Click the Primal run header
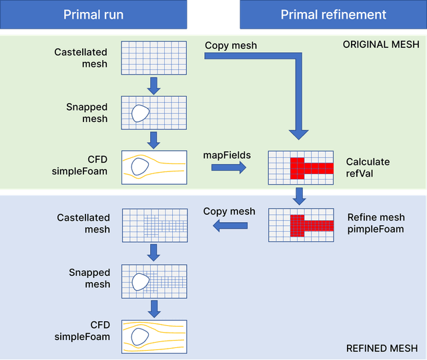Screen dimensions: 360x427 point(93,15)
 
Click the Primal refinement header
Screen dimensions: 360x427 point(333,15)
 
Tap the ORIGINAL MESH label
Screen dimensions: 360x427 point(381,45)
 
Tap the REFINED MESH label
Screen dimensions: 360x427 point(382,348)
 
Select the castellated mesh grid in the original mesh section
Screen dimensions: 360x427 point(153,58)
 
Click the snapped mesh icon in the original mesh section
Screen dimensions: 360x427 point(153,113)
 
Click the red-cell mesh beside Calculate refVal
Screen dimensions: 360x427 point(300,167)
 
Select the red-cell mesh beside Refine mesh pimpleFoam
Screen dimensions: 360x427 point(300,224)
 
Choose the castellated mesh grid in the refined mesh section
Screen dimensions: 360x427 point(153,224)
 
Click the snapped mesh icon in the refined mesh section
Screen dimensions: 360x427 point(153,281)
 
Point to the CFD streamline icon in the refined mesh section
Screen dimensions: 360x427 point(153,336)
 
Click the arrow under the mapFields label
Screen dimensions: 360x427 point(228,168)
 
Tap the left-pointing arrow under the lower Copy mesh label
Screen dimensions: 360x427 point(230,227)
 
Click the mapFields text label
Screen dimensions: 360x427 point(227,155)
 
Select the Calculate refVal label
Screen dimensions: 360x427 point(368,167)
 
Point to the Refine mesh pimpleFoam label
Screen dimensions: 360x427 point(376,223)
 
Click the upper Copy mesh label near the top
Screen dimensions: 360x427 point(230,46)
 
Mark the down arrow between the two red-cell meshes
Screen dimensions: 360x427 point(300,196)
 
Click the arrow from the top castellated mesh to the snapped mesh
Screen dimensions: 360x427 point(153,85)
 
